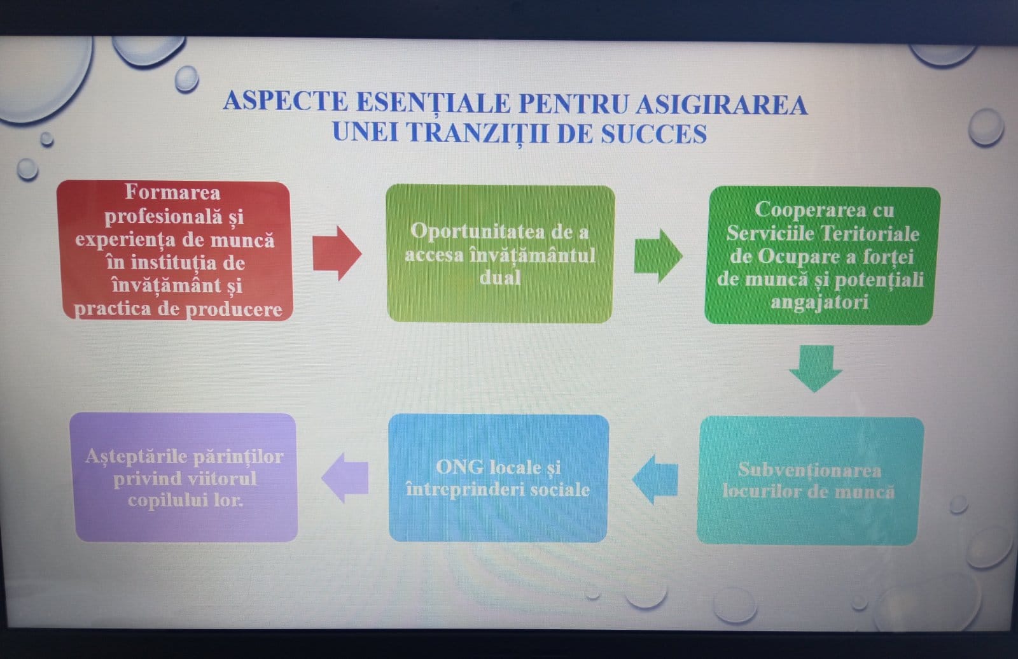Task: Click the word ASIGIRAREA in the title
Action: (722, 104)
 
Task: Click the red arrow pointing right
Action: (337, 253)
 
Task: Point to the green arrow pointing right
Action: (658, 255)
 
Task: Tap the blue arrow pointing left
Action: (655, 479)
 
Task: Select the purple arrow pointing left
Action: (345, 478)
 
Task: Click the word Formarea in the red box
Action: (172, 192)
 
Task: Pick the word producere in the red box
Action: (234, 309)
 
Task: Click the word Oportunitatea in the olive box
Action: (477, 232)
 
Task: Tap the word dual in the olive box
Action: (500, 277)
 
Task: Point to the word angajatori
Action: (819, 302)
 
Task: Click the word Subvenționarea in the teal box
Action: (809, 470)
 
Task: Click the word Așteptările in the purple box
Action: (141, 456)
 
